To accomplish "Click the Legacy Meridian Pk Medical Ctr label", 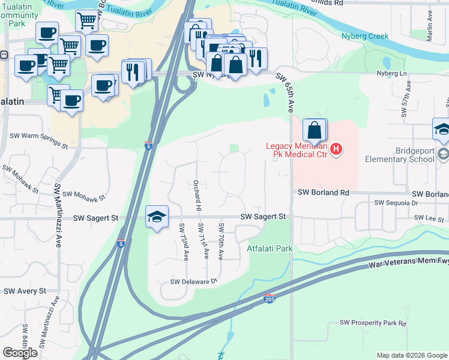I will tap(298, 151).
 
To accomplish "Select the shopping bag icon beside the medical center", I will tap(315, 130).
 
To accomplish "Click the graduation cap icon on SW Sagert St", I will tap(157, 217).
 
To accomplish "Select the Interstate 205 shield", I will tap(269, 298).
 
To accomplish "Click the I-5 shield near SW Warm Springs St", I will tap(149, 145).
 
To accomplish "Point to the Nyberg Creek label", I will tap(364, 36).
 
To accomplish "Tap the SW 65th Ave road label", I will tap(286, 93).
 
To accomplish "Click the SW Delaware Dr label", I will tap(193, 281).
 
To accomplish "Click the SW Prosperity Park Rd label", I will tap(373, 323).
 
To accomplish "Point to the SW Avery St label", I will tap(25, 291).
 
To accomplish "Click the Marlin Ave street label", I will tap(430, 29).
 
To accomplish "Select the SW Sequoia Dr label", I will tap(396, 203).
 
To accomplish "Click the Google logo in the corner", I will tap(20, 353).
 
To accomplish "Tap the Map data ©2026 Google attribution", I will tap(412, 355).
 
